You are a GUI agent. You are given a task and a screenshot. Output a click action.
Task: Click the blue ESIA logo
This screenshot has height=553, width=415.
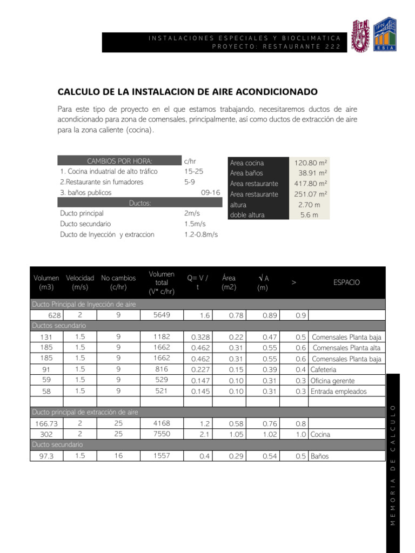coord(385,36)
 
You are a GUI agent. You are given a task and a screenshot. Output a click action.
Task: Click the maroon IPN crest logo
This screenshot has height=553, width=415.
coord(361,36)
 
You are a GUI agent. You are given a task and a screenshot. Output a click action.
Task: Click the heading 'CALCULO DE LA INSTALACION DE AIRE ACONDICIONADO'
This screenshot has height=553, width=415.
coord(188,92)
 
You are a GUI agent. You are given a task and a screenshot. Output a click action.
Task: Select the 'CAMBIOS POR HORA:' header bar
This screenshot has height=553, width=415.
coord(119,161)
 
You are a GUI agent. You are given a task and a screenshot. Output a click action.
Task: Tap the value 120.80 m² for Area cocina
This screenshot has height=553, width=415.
coord(311,163)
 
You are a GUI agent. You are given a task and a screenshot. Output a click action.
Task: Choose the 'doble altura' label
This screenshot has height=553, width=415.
coord(247,215)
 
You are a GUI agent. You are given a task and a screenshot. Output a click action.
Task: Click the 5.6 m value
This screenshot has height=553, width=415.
coord(309,215)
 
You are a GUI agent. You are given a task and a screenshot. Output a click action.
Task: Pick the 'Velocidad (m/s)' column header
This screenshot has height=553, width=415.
coord(80,282)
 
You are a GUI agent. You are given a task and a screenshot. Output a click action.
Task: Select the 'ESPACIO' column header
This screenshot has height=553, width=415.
coord(346,282)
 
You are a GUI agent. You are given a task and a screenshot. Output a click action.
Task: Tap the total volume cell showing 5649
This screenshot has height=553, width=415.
coord(161,315)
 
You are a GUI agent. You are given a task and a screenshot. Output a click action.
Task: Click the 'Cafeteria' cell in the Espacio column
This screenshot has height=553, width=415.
coord(324,369)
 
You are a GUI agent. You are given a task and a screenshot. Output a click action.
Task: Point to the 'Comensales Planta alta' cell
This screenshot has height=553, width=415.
coord(346,348)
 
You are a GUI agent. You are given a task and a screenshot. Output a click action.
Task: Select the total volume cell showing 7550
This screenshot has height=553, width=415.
coord(161,434)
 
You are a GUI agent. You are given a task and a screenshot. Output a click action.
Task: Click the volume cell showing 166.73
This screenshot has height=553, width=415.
coord(46,423)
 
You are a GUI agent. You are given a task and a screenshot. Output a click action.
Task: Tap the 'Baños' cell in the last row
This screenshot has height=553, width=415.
coord(319,456)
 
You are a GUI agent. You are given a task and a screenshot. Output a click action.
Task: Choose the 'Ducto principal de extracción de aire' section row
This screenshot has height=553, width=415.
coord(85,412)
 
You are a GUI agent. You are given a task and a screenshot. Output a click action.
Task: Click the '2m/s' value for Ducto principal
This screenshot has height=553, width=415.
coord(192,213)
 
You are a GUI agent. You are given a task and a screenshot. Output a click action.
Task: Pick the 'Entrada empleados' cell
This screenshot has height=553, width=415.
coord(339,391)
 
